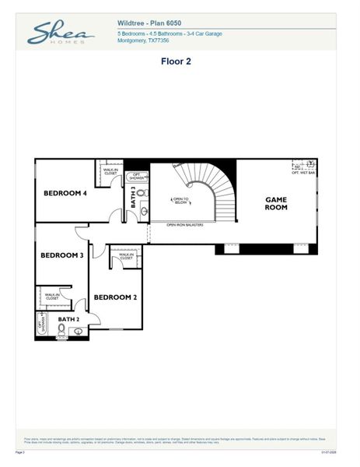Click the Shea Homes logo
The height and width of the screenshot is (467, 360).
pyautogui.click(x=60, y=33)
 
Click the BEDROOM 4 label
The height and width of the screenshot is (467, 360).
pyautogui.click(x=65, y=193)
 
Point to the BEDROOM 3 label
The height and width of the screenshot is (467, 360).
pyautogui.click(x=61, y=255)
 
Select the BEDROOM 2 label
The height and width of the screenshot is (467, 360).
pyautogui.click(x=115, y=297)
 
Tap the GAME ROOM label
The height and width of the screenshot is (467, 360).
pyautogui.click(x=276, y=203)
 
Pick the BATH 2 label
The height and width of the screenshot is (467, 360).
pyautogui.click(x=68, y=319)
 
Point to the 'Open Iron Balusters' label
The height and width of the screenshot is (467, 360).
pyautogui.click(x=185, y=225)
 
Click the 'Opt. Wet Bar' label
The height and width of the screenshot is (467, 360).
pyautogui.click(x=303, y=172)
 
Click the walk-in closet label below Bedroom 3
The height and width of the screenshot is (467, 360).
pyautogui.click(x=52, y=296)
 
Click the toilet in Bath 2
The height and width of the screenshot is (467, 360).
pyautogui.click(x=61, y=329)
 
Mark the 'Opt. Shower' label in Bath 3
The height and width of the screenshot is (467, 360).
pyautogui.click(x=136, y=177)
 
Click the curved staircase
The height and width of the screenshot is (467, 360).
pyautogui.click(x=222, y=191)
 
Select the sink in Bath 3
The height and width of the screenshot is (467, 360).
pyautogui.click(x=144, y=210)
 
